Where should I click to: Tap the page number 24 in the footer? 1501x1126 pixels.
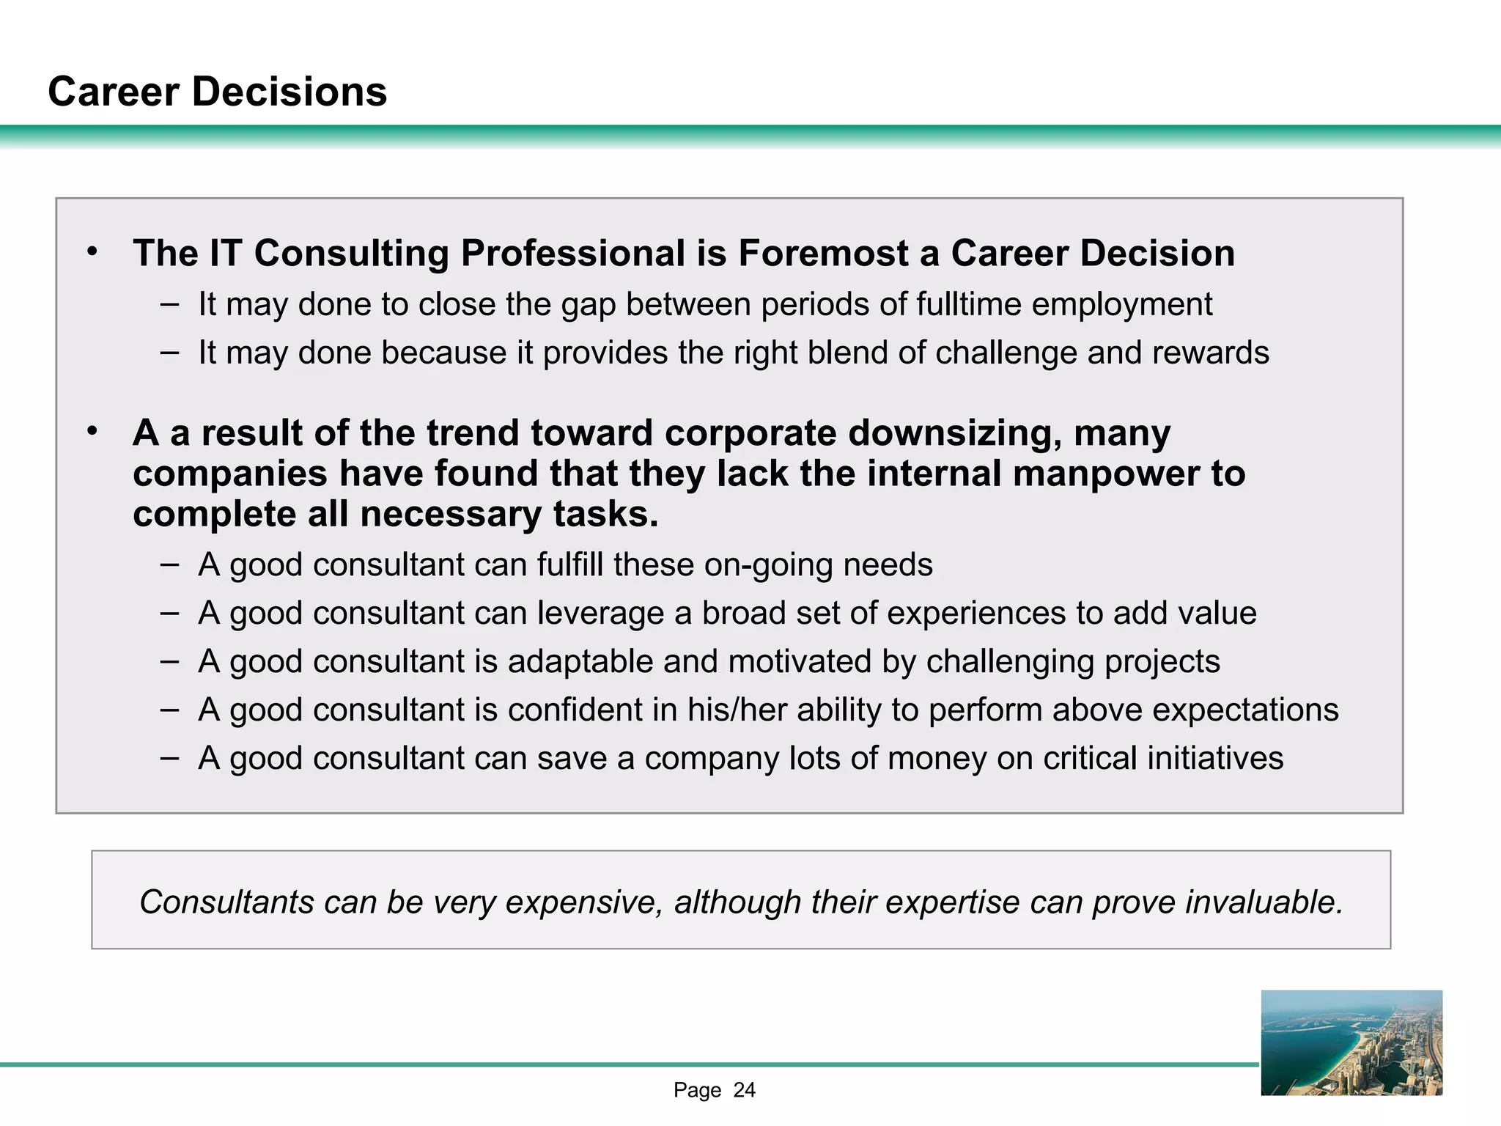[x=744, y=1091]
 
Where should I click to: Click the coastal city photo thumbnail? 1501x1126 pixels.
[x=1351, y=1042]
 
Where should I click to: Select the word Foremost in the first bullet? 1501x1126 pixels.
[x=823, y=254]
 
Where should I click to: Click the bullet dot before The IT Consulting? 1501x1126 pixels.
[x=92, y=252]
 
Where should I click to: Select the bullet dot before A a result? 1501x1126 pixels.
[x=92, y=431]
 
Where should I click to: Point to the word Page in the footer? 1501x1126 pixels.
[x=697, y=1091]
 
